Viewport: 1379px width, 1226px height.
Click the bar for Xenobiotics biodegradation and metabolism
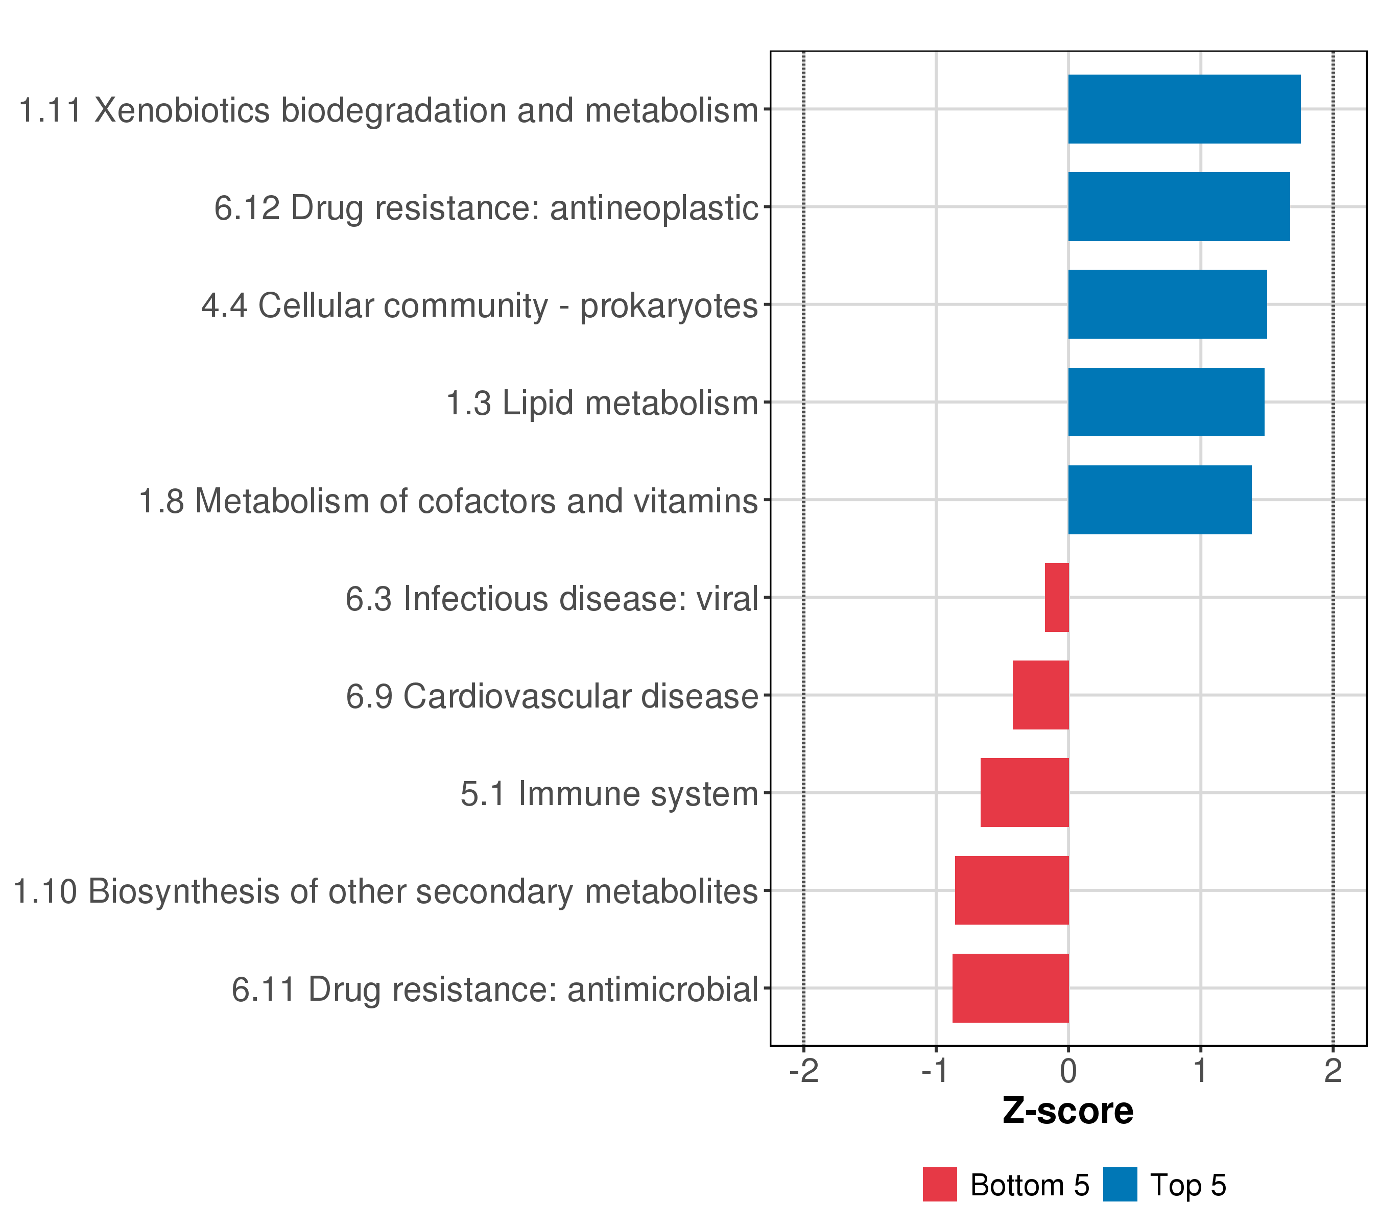click(x=1184, y=109)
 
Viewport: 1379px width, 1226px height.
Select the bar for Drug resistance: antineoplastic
click(x=1179, y=206)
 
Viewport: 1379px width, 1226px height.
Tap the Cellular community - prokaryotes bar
click(x=1167, y=304)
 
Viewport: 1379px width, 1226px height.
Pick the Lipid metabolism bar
click(x=1166, y=402)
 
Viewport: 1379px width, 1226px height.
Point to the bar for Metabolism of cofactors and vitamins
click(x=1160, y=500)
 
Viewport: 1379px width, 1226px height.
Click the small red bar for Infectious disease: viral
click(x=1057, y=597)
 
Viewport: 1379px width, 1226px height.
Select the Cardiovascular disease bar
click(x=1040, y=695)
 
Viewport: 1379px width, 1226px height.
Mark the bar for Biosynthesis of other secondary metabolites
click(x=1011, y=891)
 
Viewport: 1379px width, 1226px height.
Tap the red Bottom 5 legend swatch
click(x=940, y=1185)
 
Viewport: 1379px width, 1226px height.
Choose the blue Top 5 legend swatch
click(x=1120, y=1185)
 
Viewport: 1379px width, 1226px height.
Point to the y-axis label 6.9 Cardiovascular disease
click(x=552, y=696)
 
